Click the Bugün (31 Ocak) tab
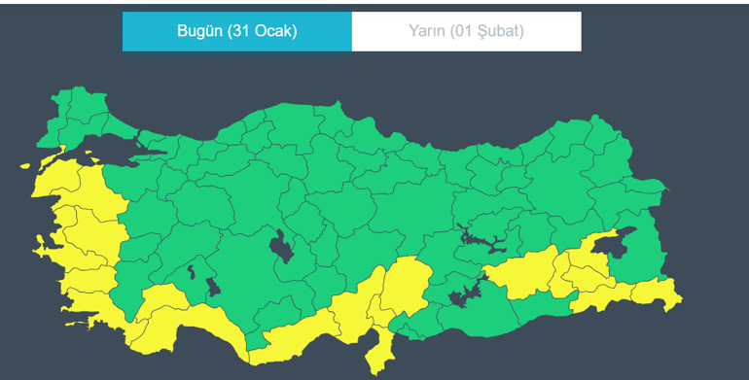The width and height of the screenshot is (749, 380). pos(236,31)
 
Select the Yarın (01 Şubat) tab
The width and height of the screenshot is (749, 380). pos(466,31)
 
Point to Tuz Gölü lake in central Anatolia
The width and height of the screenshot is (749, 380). pos(283,247)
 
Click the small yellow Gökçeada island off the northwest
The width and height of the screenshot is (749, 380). pos(26,166)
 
